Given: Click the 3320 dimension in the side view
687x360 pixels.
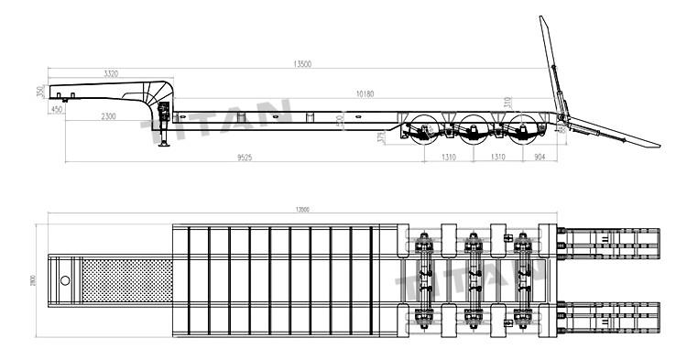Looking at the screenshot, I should coord(111,71).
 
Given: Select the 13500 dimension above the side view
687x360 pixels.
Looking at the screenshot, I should coord(302,64).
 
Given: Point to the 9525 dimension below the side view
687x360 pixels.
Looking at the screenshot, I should coord(245,158).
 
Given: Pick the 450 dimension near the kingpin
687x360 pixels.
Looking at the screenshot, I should coord(58,109).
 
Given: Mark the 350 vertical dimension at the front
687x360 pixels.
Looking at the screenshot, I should coord(41,92).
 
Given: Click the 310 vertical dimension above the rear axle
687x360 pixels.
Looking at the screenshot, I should coord(507,101).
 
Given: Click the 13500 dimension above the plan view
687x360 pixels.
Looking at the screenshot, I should coord(301,210).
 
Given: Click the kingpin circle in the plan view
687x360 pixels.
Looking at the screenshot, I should coord(65,278).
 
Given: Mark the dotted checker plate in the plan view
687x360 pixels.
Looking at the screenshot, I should coord(127,278).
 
